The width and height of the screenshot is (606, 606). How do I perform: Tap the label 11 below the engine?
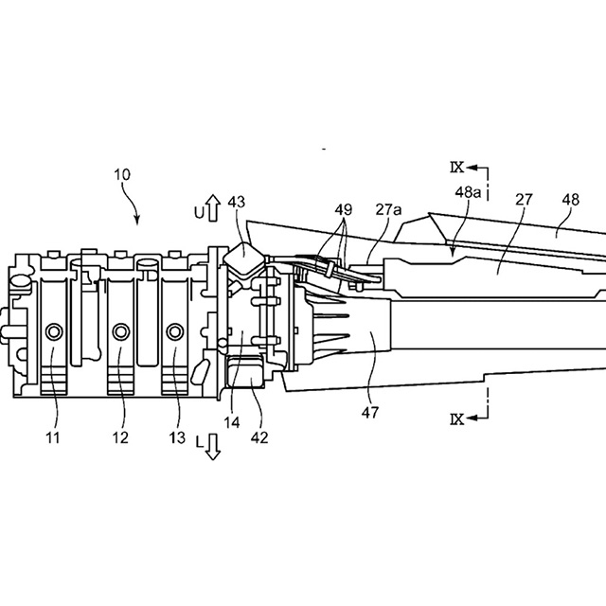(54, 437)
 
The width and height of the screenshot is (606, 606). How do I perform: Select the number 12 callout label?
(120, 437)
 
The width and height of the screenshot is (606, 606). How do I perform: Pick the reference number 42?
(259, 437)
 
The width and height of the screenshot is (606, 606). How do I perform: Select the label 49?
(342, 209)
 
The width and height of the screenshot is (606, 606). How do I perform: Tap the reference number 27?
(524, 201)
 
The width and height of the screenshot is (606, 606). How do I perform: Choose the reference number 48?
(571, 201)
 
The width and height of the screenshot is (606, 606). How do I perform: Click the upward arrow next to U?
(212, 208)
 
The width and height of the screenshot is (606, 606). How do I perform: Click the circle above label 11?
(54, 330)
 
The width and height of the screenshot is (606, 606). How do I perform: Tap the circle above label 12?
(120, 330)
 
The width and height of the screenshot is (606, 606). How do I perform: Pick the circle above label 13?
(174, 330)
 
